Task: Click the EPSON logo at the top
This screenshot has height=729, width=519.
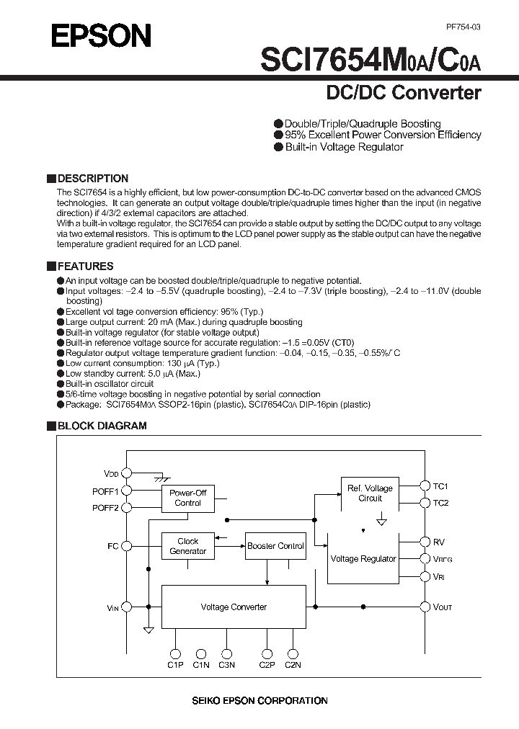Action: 101,35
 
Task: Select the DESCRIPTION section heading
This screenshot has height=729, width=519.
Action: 92,178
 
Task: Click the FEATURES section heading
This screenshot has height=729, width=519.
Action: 85,266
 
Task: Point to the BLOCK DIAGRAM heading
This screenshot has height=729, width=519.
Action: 101,426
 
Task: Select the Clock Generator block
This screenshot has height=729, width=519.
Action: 187,546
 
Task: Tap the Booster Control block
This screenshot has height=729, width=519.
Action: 275,546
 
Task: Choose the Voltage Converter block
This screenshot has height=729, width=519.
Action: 234,607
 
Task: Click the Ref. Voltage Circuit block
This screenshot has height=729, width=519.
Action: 370,493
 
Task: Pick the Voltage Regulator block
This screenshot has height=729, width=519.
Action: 363,558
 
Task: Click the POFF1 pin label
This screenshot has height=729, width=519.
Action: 105,491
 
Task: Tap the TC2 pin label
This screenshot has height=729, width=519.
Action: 440,503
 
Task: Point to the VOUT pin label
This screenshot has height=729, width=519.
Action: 443,607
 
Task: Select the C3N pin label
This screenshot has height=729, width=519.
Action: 227,665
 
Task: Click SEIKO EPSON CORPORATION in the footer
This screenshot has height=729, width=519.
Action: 259,700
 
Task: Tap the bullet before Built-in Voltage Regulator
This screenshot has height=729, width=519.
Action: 278,147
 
